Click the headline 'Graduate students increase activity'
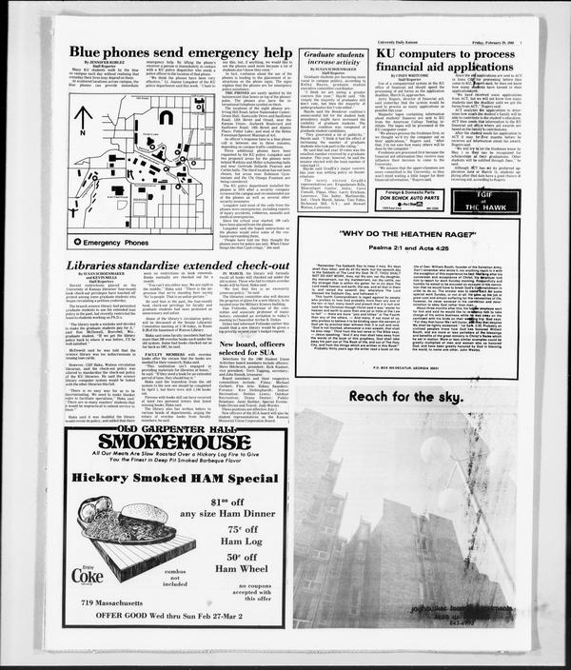328,62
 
